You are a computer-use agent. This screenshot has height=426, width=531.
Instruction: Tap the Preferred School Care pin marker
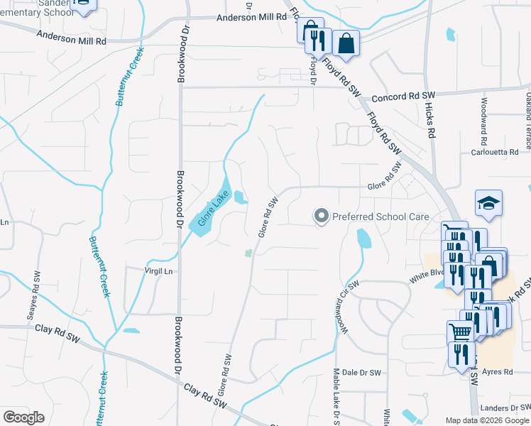[x=322, y=215]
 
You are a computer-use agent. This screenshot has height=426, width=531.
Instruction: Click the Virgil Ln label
[x=158, y=271]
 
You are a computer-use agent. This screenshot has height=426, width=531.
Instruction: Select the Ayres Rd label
[x=498, y=372]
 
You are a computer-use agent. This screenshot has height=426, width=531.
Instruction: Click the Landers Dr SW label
[x=504, y=408]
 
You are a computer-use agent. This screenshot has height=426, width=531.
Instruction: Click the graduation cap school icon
[x=488, y=203]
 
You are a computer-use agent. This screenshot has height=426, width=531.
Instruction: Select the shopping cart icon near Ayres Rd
[x=461, y=331]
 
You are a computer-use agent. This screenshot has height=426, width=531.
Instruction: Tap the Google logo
[x=23, y=417]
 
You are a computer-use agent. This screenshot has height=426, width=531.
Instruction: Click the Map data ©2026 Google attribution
[x=487, y=420]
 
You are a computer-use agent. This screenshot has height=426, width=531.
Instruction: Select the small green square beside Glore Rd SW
[x=248, y=253]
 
